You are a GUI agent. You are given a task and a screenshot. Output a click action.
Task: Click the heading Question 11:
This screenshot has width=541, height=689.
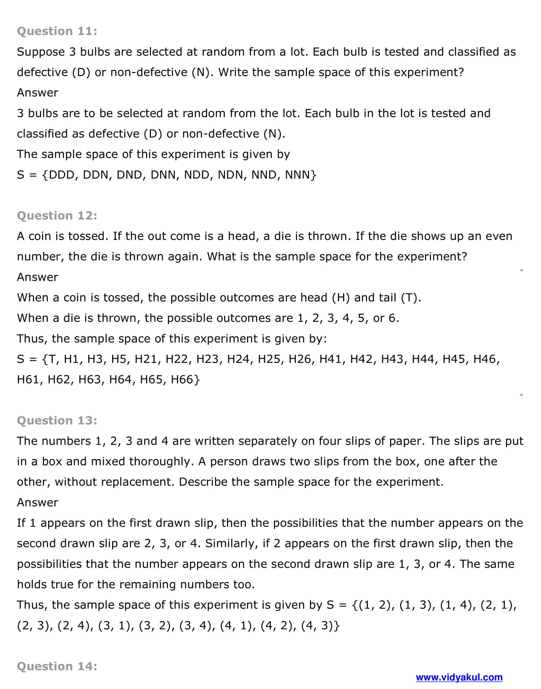tap(57, 31)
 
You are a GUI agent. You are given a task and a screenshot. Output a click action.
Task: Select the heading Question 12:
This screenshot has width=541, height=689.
tap(57, 216)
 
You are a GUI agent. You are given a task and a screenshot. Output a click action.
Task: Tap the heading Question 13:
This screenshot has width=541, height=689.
tap(57, 421)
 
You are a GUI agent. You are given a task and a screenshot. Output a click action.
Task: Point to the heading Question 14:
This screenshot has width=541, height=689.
tap(57, 666)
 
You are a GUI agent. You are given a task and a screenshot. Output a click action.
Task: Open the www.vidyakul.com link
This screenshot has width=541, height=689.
tap(459, 677)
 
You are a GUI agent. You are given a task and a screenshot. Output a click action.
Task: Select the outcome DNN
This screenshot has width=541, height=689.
tap(164, 175)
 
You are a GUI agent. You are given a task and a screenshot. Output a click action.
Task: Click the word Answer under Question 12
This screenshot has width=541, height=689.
tap(38, 277)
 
